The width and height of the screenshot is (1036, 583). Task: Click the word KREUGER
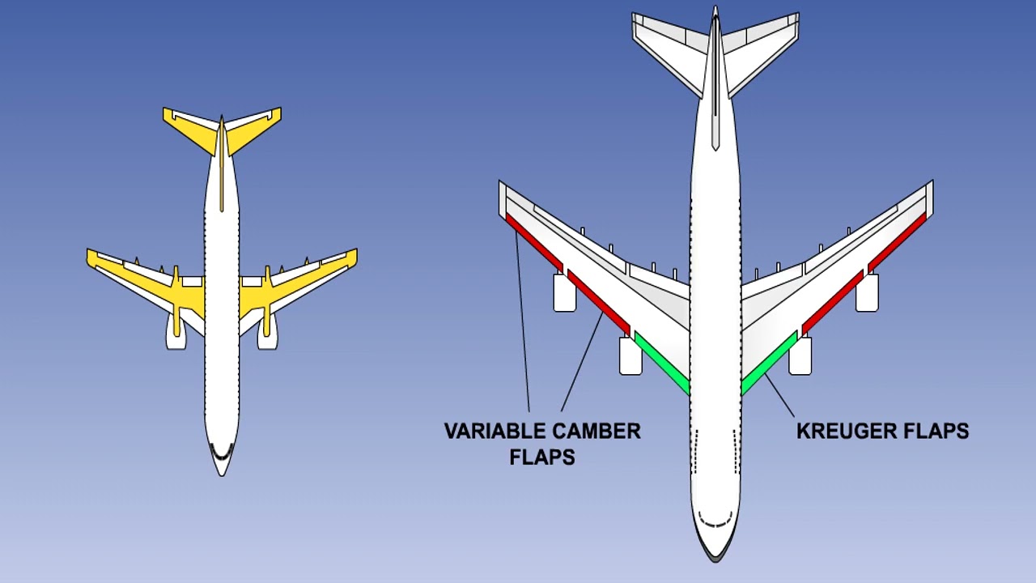pyautogui.click(x=840, y=432)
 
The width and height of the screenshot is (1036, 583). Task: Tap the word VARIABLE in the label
pyautogui.click(x=493, y=432)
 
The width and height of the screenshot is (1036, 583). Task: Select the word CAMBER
pyautogui.click(x=595, y=432)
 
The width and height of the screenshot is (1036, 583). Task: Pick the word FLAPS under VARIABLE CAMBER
pyautogui.click(x=542, y=457)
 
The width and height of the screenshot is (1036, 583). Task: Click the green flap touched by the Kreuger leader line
pyautogui.click(x=769, y=364)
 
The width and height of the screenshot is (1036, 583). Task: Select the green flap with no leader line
pyautogui.click(x=662, y=364)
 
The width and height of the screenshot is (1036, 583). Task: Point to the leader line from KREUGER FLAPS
pyautogui.click(x=779, y=396)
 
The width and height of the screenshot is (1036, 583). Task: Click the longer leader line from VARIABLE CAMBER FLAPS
pyautogui.click(x=523, y=321)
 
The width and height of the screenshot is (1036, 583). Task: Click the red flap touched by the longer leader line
pyautogui.click(x=535, y=242)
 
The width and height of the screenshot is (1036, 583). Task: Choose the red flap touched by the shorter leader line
pyautogui.click(x=599, y=303)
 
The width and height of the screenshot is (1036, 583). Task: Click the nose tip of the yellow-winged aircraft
pyautogui.click(x=222, y=475)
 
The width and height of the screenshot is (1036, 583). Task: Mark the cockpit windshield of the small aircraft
pyautogui.click(x=222, y=452)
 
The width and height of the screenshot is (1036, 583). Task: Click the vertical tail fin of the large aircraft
pyautogui.click(x=715, y=78)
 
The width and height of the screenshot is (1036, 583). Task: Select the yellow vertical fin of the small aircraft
pyautogui.click(x=222, y=163)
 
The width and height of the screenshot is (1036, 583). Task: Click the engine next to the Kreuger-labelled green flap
pyautogui.click(x=800, y=355)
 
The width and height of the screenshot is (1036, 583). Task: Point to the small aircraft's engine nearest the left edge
pyautogui.click(x=176, y=331)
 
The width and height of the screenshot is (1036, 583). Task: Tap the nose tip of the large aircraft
pyautogui.click(x=715, y=561)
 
